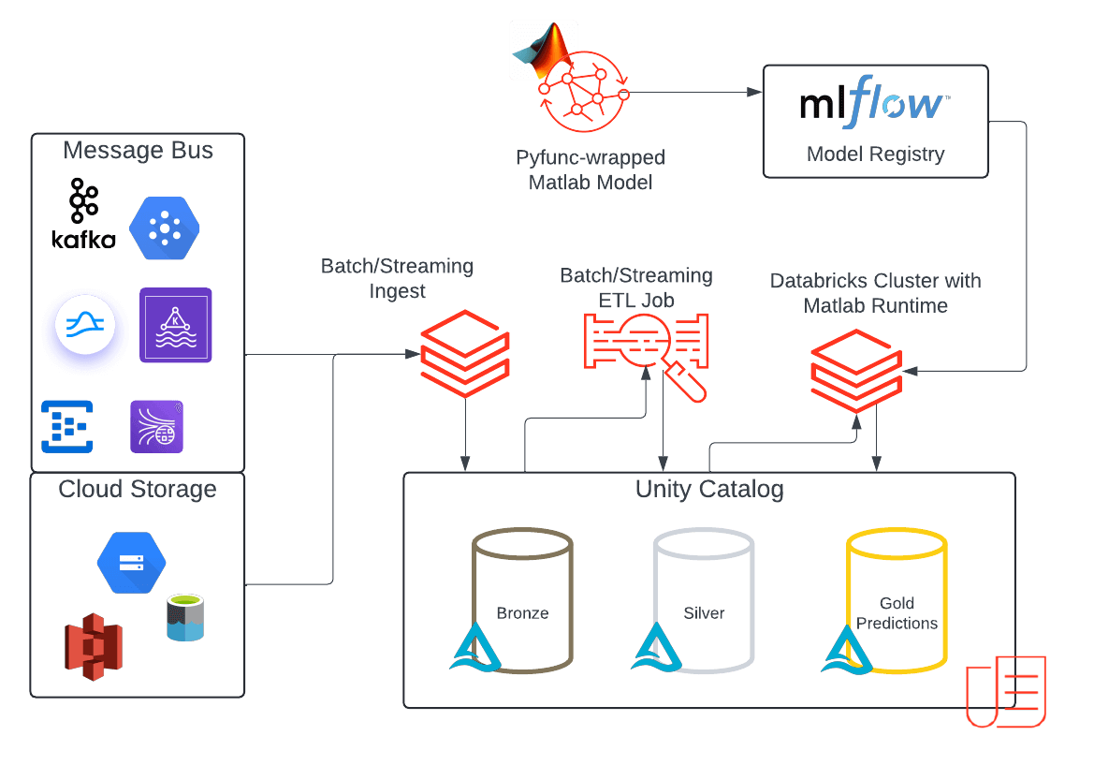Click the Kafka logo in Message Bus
(83, 213)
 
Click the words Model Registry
(875, 155)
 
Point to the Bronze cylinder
(522, 599)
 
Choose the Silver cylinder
(704, 599)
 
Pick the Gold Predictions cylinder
(897, 599)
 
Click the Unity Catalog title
(708, 489)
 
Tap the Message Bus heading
(138, 151)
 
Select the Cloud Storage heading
(137, 489)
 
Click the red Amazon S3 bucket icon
(94, 646)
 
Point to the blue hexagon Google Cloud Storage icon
(131, 563)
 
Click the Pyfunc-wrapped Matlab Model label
(590, 169)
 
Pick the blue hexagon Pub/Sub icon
(165, 228)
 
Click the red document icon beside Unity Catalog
(1006, 691)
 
